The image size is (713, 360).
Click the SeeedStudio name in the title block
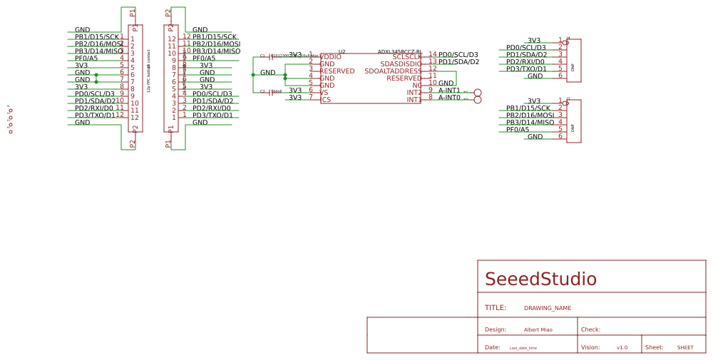pyautogui.click(x=540, y=279)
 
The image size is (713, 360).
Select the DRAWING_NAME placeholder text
pyautogui.click(x=547, y=309)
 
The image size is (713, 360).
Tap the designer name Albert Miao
pyautogui.click(x=538, y=330)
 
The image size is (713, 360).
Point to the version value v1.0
pyautogui.click(x=622, y=348)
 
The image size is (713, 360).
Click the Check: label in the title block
pyautogui.click(x=590, y=330)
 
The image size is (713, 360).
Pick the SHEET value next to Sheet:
pyautogui.click(x=684, y=348)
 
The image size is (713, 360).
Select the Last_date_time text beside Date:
pyautogui.click(x=523, y=348)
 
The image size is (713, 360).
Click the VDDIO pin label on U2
pyautogui.click(x=331, y=57)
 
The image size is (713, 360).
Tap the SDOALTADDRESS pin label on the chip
pyautogui.click(x=393, y=71)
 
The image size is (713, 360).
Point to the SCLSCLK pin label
pyautogui.click(x=406, y=57)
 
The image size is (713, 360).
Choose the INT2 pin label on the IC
pyautogui.click(x=414, y=93)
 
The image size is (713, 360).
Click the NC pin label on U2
pyautogui.click(x=416, y=86)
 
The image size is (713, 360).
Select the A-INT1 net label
pyautogui.click(x=449, y=91)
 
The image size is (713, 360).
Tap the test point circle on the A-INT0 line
pyautogui.click(x=478, y=100)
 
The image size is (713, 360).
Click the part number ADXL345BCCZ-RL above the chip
pyautogui.click(x=399, y=52)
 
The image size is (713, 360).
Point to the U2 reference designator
pyautogui.click(x=342, y=52)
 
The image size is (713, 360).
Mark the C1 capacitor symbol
pyautogui.click(x=270, y=56)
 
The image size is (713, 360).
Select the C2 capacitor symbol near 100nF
pyautogui.click(x=270, y=92)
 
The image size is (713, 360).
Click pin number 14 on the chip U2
pyautogui.click(x=432, y=55)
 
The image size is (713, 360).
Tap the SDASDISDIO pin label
pyautogui.click(x=401, y=64)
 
